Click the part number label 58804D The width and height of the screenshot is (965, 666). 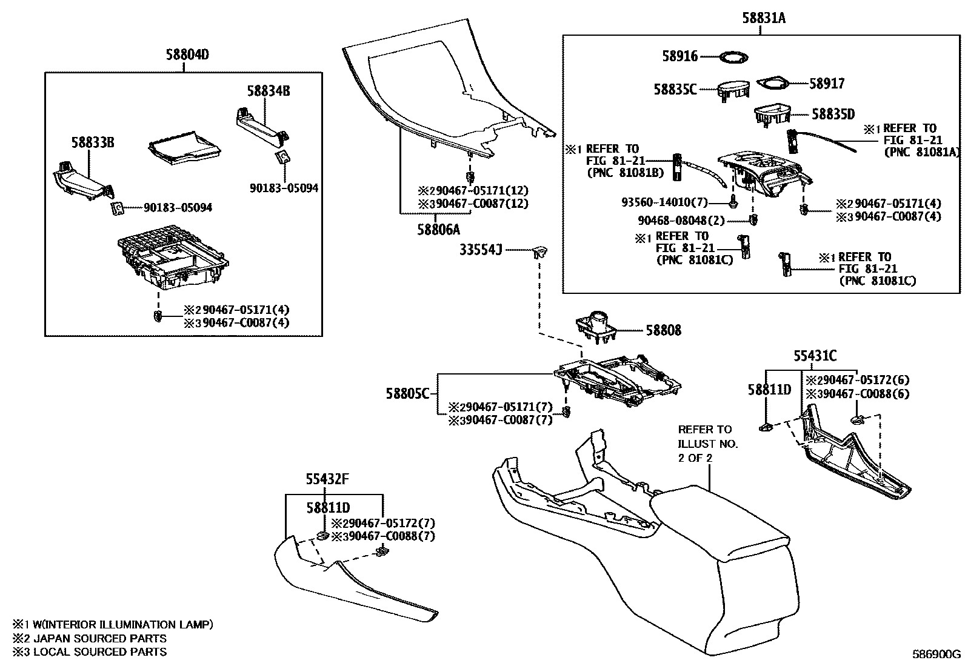[x=187, y=55]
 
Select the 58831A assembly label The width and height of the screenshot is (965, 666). [x=763, y=18]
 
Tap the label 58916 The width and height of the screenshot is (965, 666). [x=680, y=56]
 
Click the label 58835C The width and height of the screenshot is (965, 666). [x=675, y=90]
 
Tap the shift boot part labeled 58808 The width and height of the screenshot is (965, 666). [x=596, y=327]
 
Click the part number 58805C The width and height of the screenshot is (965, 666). [x=407, y=394]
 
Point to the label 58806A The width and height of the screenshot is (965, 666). [x=438, y=230]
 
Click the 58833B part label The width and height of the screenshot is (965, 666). [x=92, y=142]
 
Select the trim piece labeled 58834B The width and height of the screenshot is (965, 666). [x=261, y=121]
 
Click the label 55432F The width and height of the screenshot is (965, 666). [x=327, y=480]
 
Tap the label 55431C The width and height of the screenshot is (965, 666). [x=815, y=356]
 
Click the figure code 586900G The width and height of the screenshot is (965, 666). [x=937, y=654]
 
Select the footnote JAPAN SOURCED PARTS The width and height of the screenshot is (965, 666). [x=90, y=638]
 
